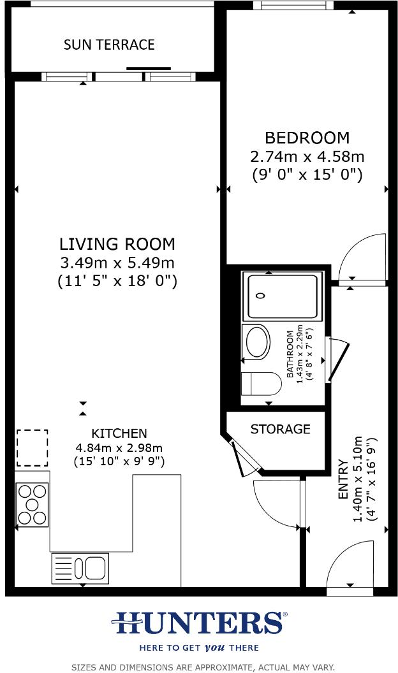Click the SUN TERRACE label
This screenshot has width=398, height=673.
click(109, 45)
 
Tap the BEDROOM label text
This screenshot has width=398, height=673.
click(307, 138)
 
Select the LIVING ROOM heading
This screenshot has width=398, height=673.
click(117, 244)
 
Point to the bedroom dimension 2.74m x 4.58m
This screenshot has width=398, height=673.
click(307, 156)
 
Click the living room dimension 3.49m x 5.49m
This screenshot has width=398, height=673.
click(117, 263)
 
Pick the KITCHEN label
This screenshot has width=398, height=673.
click(119, 433)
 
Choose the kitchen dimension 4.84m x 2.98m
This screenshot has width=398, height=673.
click(119, 447)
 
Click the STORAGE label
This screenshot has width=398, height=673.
click(280, 429)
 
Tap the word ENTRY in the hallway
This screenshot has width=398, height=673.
click(343, 488)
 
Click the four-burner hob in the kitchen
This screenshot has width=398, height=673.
click(32, 505)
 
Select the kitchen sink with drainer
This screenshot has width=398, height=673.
click(80, 568)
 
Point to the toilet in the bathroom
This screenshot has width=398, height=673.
click(262, 384)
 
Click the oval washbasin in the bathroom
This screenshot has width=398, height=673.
click(258, 342)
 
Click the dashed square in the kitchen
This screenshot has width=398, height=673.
click(32, 447)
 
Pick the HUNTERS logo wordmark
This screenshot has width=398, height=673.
click(199, 623)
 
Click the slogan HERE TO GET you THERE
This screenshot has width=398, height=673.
click(199, 648)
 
